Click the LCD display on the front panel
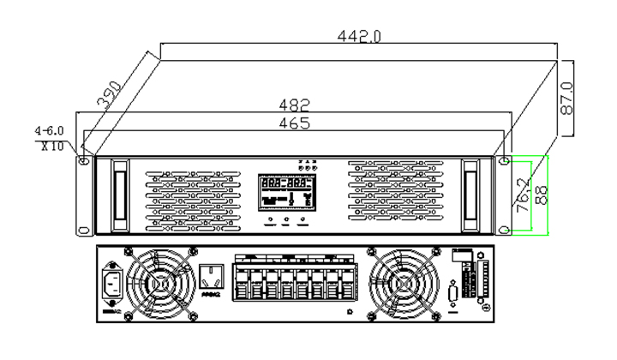tap(286, 192)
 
